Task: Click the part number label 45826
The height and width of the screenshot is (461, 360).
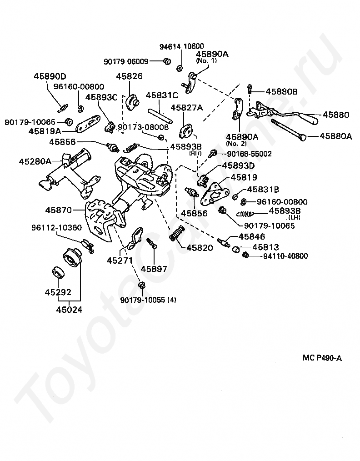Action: tap(129, 76)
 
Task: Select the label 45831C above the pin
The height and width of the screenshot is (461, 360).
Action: tap(161, 95)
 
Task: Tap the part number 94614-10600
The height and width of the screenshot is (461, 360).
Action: tap(181, 46)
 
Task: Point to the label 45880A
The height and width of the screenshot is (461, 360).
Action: tap(335, 135)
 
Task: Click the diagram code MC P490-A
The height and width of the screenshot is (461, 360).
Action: tap(322, 358)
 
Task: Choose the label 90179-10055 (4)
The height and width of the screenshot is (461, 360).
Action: tap(148, 300)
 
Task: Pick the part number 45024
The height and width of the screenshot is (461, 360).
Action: tap(70, 310)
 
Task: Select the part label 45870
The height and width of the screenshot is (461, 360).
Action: tap(59, 210)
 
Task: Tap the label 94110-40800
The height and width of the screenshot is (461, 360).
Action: tap(285, 256)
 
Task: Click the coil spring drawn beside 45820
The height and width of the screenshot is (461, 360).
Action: tap(177, 234)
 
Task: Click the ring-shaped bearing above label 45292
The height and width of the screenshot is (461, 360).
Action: tap(59, 272)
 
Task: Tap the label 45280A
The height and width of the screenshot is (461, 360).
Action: tap(35, 161)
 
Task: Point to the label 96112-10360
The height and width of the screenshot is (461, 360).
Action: tap(56, 227)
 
